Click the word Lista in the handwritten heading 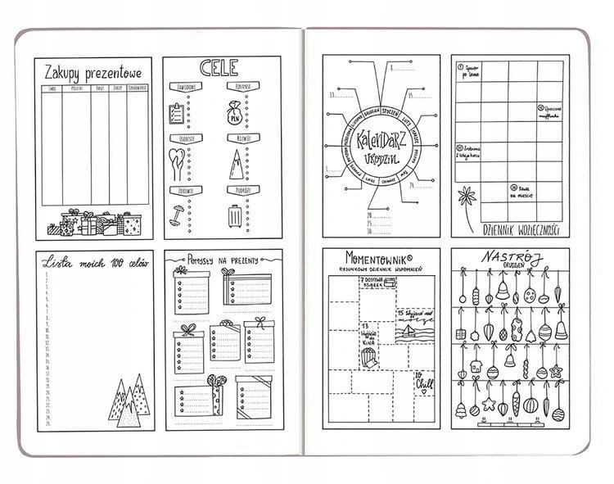pyautogui.click(x=57, y=262)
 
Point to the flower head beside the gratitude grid pyautogui.click(x=467, y=197)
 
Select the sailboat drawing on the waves pyautogui.click(x=406, y=331)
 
